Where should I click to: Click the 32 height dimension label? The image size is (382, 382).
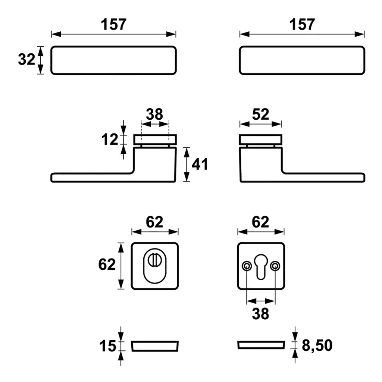tap(26, 59)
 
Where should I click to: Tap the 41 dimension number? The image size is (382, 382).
tap(200, 164)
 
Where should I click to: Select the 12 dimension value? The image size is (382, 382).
tap(110, 140)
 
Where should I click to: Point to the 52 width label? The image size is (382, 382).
tap(260, 114)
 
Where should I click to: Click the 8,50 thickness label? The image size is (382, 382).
tap(317, 345)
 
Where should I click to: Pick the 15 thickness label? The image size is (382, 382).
tap(107, 346)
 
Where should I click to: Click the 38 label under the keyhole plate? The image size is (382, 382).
tap(260, 314)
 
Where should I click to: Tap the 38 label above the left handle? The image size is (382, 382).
tap(154, 114)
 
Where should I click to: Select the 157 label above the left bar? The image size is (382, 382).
tap(113, 25)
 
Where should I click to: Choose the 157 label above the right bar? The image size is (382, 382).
tap(302, 25)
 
